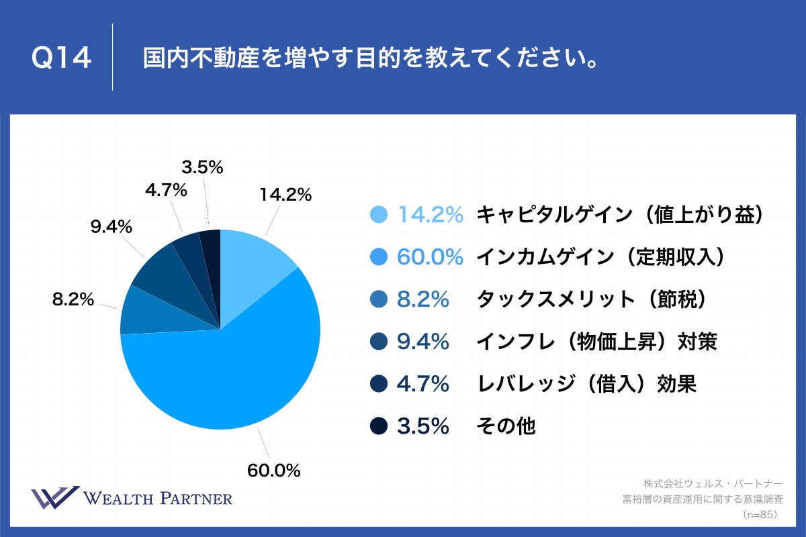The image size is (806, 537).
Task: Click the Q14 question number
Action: (61, 59)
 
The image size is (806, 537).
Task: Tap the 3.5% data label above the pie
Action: (202, 167)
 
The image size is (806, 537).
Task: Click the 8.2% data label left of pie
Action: (73, 299)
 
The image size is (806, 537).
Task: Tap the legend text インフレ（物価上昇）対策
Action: (597, 342)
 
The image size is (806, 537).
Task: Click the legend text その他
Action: (506, 426)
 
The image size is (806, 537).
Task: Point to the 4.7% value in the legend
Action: (422, 384)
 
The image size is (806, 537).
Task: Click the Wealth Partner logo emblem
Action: (55, 498)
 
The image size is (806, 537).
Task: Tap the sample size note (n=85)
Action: (760, 515)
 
